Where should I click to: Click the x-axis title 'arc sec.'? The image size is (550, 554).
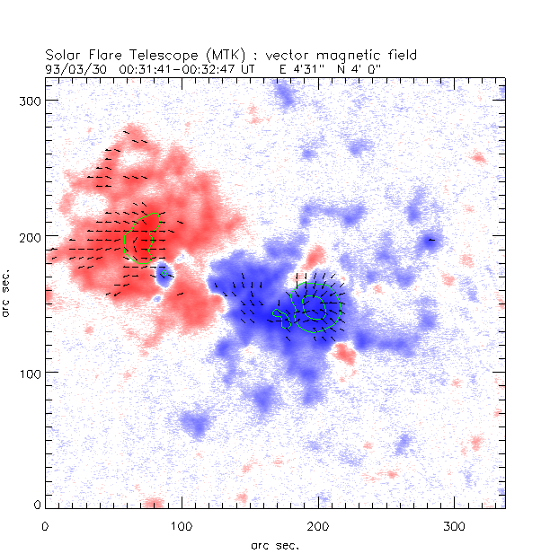point(275,544)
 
